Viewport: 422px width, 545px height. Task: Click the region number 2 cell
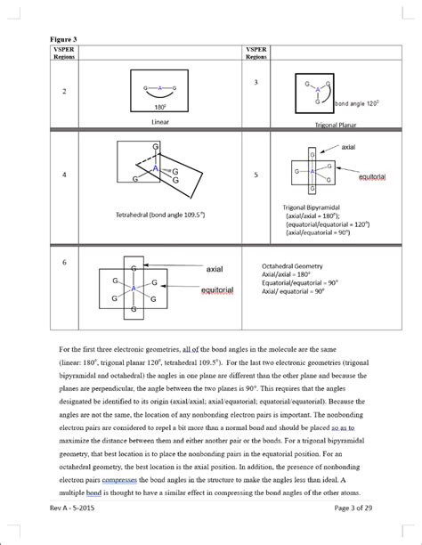pos(63,92)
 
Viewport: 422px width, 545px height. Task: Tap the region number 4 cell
pos(63,175)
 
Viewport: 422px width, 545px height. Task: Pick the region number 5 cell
pos(256,175)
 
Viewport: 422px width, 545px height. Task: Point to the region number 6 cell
pos(63,263)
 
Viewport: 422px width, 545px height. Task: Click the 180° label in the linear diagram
pos(160,106)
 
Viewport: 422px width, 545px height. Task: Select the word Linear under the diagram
pos(160,120)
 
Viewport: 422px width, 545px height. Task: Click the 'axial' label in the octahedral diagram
pos(215,268)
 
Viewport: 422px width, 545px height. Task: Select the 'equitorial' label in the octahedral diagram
pos(217,290)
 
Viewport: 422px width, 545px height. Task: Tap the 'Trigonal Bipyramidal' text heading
pos(308,207)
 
